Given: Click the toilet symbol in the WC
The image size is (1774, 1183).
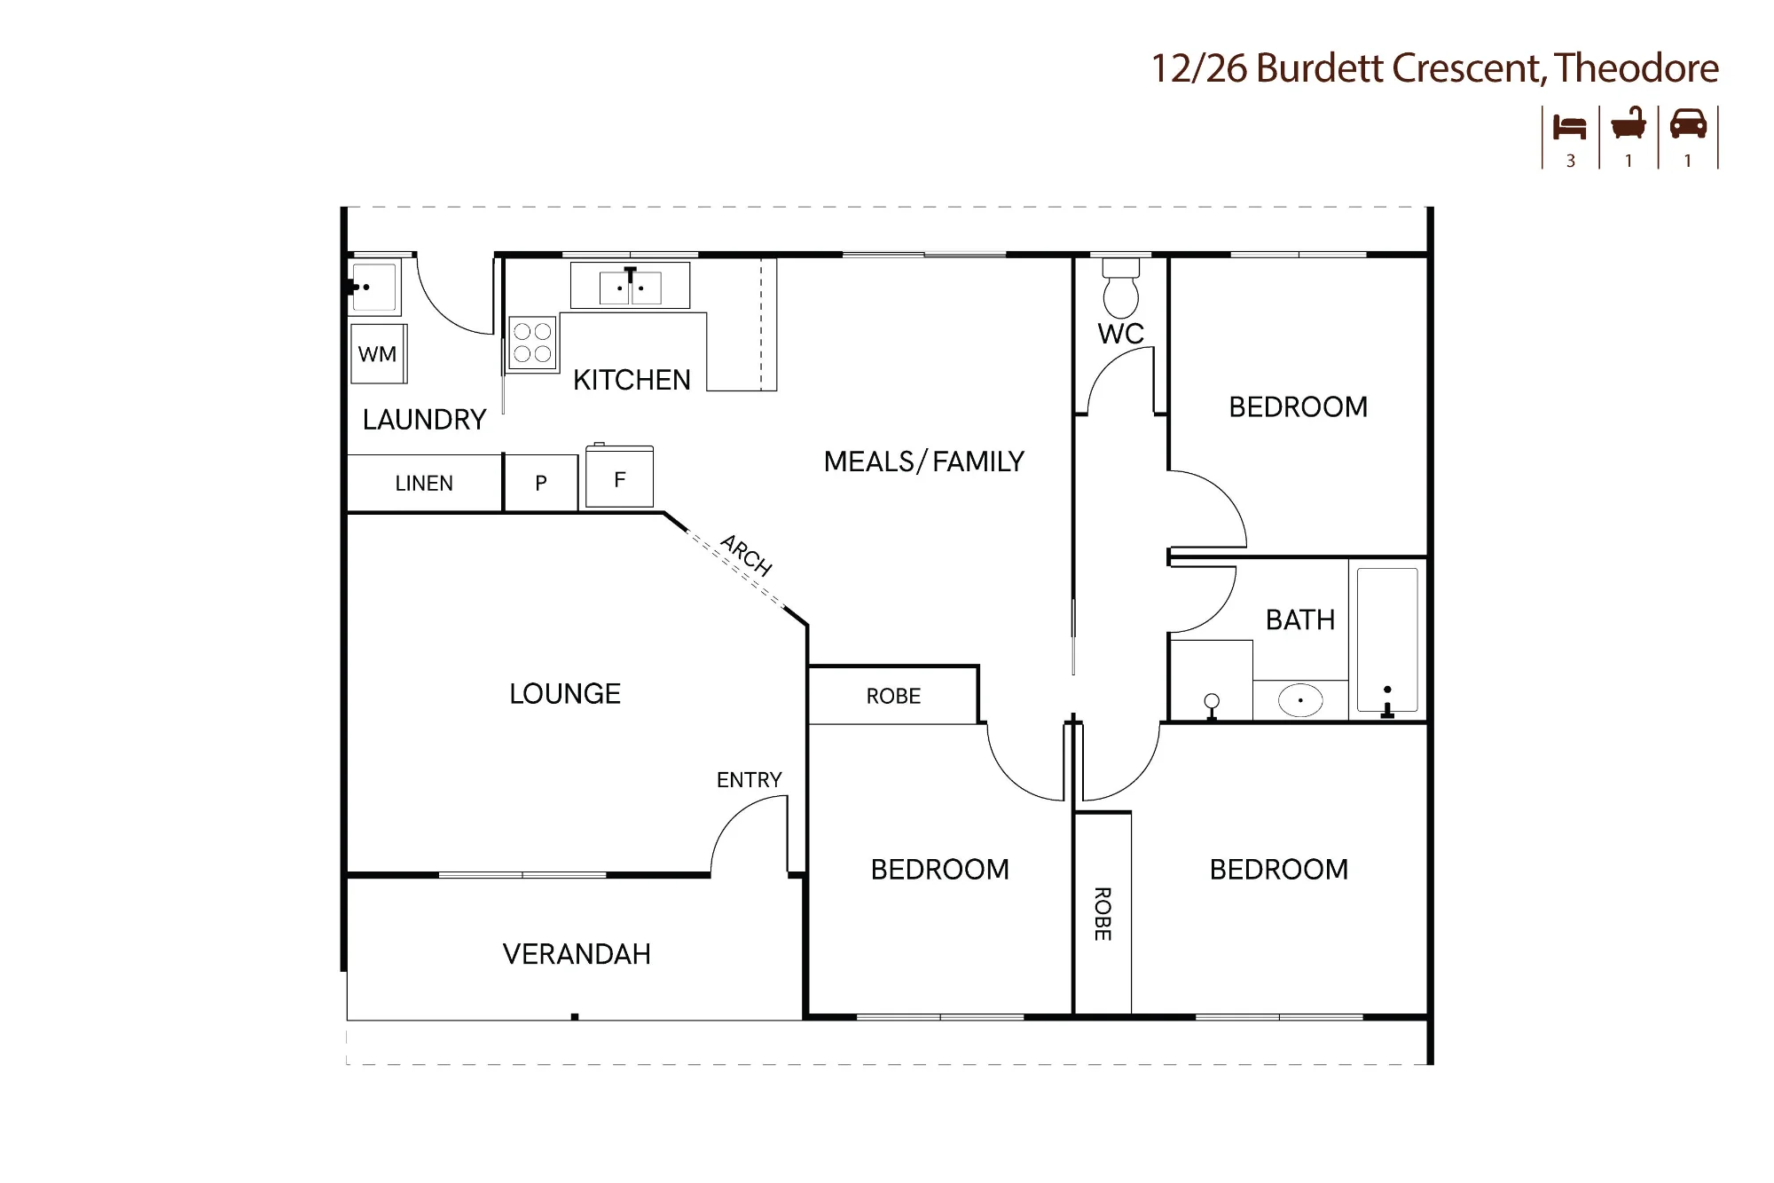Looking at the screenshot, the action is (x=1120, y=287).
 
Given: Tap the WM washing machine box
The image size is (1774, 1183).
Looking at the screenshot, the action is (x=379, y=353).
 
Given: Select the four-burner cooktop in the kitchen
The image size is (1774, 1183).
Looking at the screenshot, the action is (x=532, y=343).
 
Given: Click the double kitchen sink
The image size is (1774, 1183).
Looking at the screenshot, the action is (x=630, y=286).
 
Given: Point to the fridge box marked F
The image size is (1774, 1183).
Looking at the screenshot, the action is (x=620, y=477).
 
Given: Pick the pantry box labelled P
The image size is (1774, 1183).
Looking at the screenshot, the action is (x=541, y=483).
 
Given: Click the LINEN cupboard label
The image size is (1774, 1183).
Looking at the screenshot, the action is (x=424, y=484).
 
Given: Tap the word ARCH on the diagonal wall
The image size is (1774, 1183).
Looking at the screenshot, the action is (x=746, y=555).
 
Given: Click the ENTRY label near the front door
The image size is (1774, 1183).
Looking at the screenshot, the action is (x=750, y=780).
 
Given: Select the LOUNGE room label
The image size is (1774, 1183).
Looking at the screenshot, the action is (x=565, y=694).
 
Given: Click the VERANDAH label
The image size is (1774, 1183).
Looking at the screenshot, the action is (x=577, y=954).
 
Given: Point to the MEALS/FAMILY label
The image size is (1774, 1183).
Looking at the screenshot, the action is (x=924, y=461).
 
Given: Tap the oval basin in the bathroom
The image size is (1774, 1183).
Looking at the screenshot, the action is (x=1300, y=700).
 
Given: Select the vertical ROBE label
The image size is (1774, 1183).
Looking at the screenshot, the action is (x=1103, y=914).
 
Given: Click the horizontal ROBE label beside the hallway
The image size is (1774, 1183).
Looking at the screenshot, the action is (x=893, y=697).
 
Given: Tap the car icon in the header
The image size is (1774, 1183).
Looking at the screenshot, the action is (x=1688, y=123).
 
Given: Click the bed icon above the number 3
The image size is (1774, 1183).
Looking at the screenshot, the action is (x=1570, y=127).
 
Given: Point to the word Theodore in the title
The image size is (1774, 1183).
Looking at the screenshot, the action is (x=1637, y=68).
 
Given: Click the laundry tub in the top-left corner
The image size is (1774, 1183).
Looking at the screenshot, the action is (x=374, y=287).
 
